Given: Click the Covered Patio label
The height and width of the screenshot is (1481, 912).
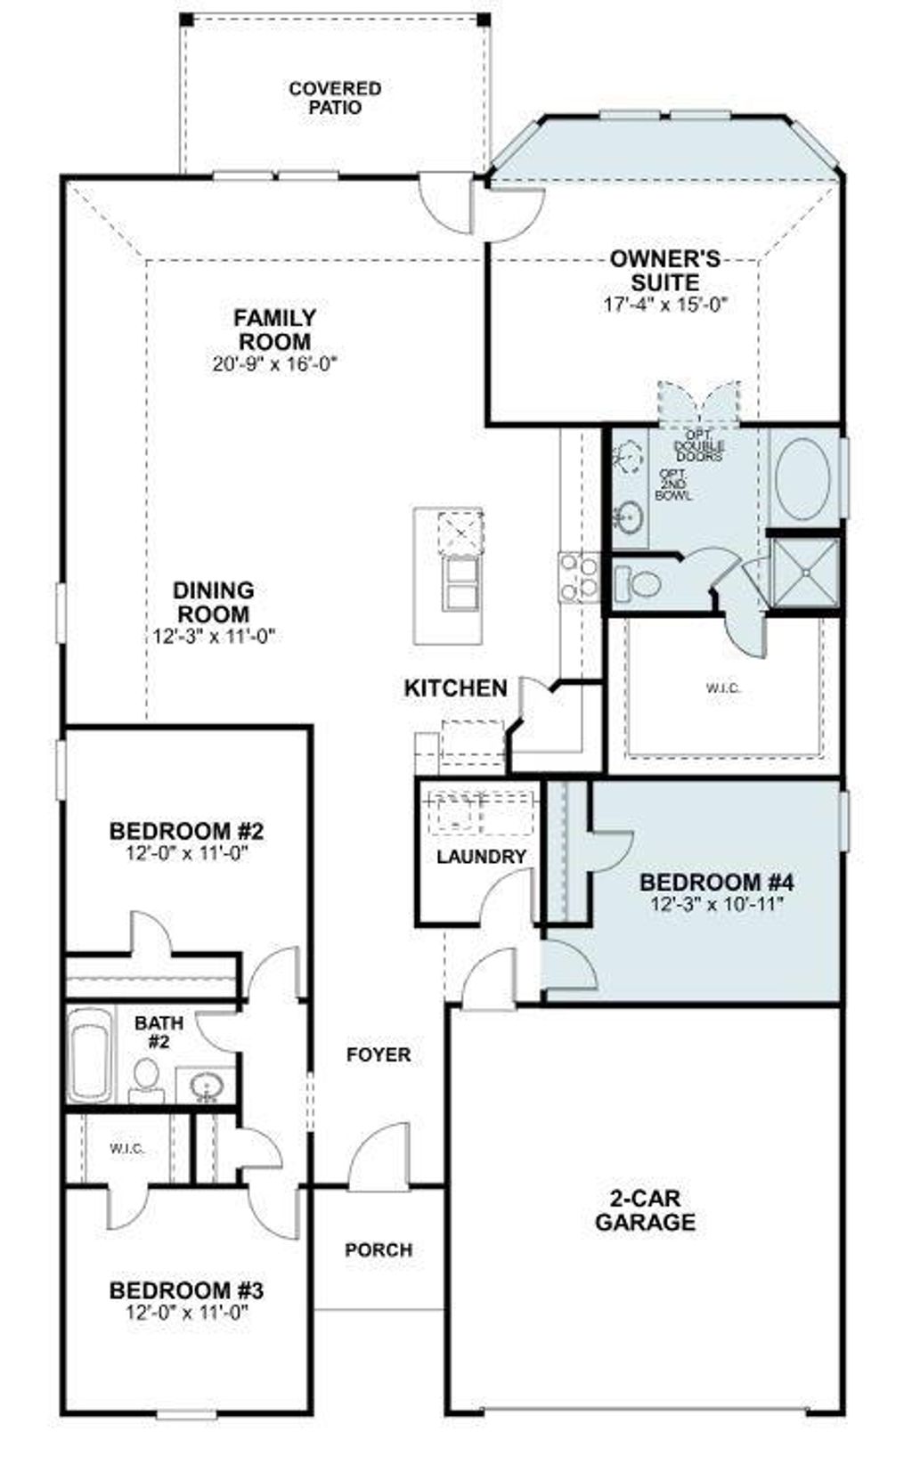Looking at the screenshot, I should click(335, 98).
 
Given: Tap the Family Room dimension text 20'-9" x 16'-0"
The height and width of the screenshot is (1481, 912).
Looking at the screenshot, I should click(275, 364).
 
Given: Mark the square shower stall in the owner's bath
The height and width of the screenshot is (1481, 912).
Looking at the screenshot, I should click(803, 572).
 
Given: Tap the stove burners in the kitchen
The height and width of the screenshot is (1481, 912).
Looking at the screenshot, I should click(578, 576).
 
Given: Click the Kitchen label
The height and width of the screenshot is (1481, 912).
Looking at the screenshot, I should click(455, 688).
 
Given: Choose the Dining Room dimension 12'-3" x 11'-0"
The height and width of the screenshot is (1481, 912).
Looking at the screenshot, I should click(213, 637).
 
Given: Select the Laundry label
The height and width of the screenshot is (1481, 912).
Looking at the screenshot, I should click(481, 857).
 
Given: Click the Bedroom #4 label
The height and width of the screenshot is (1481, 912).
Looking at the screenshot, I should click(716, 883).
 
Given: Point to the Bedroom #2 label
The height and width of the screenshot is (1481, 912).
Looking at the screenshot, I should click(186, 831).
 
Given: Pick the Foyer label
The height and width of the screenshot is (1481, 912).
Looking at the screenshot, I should click(379, 1054).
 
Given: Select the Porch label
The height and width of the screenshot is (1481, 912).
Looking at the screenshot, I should click(379, 1250).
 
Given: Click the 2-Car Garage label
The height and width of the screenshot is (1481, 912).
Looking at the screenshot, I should click(645, 1210).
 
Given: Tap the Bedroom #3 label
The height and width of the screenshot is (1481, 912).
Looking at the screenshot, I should click(186, 1290).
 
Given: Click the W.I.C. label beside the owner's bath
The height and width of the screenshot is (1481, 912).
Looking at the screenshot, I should click(722, 688).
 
